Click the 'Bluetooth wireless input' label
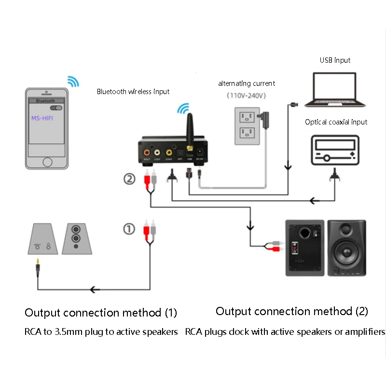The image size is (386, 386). [133, 92]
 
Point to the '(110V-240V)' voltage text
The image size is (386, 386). [247, 96]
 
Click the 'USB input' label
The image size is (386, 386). [335, 60]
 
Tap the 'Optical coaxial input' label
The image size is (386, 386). [336, 122]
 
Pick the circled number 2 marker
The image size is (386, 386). [129, 179]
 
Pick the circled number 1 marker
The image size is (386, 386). [129, 229]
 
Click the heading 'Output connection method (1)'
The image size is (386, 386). [101, 313]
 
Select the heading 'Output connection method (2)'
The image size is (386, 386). [291, 311]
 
